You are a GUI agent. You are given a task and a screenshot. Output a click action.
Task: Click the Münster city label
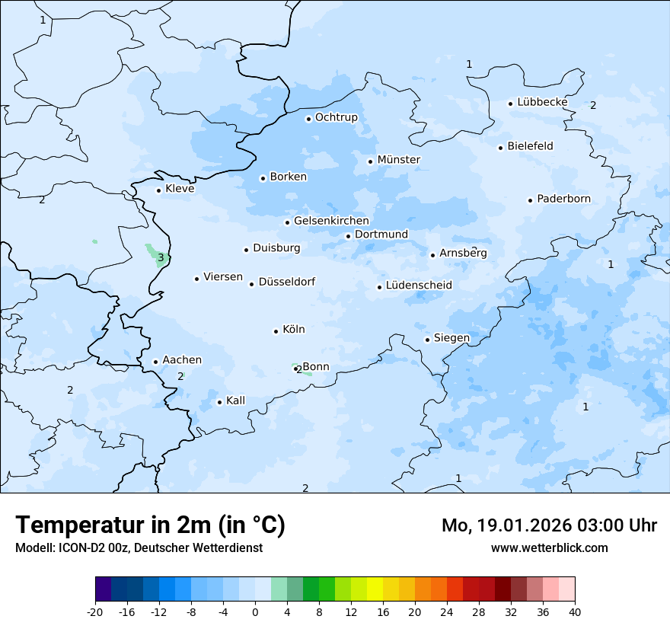coord(398,160)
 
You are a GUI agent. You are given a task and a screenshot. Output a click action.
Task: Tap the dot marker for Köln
coord(276,331)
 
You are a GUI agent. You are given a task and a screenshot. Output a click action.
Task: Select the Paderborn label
coord(563,199)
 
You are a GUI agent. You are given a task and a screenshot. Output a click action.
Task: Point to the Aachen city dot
coord(155,362)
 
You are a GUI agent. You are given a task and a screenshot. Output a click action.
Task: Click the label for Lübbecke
coord(542,102)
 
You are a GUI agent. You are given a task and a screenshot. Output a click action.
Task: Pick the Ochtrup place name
coord(336,117)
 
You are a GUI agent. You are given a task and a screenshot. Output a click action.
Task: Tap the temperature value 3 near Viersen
coord(161,258)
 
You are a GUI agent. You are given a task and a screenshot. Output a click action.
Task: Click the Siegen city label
coord(451,338)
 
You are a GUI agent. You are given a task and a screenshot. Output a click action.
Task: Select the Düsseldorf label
coord(286,282)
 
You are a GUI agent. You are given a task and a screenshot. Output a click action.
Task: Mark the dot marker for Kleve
coord(158,190)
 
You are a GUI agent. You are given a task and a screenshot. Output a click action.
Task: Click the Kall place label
coord(235,401)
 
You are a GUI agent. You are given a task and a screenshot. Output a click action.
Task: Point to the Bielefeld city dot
coord(501,148)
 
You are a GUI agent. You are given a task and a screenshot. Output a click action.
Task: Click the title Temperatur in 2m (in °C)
coord(150,525)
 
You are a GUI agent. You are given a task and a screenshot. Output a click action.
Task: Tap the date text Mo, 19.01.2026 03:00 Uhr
coord(549,525)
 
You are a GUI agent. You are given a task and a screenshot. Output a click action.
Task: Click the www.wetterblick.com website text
coord(549,547)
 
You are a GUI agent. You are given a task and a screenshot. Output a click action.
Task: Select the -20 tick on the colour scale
coord(95,612)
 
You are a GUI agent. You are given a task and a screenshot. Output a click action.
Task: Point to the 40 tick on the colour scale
coord(575,612)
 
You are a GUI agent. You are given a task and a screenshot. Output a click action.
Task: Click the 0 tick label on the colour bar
coord(255,612)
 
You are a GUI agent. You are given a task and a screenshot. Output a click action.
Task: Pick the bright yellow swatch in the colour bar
coord(375,589)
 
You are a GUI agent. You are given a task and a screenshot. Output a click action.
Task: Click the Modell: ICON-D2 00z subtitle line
coord(139,547)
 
